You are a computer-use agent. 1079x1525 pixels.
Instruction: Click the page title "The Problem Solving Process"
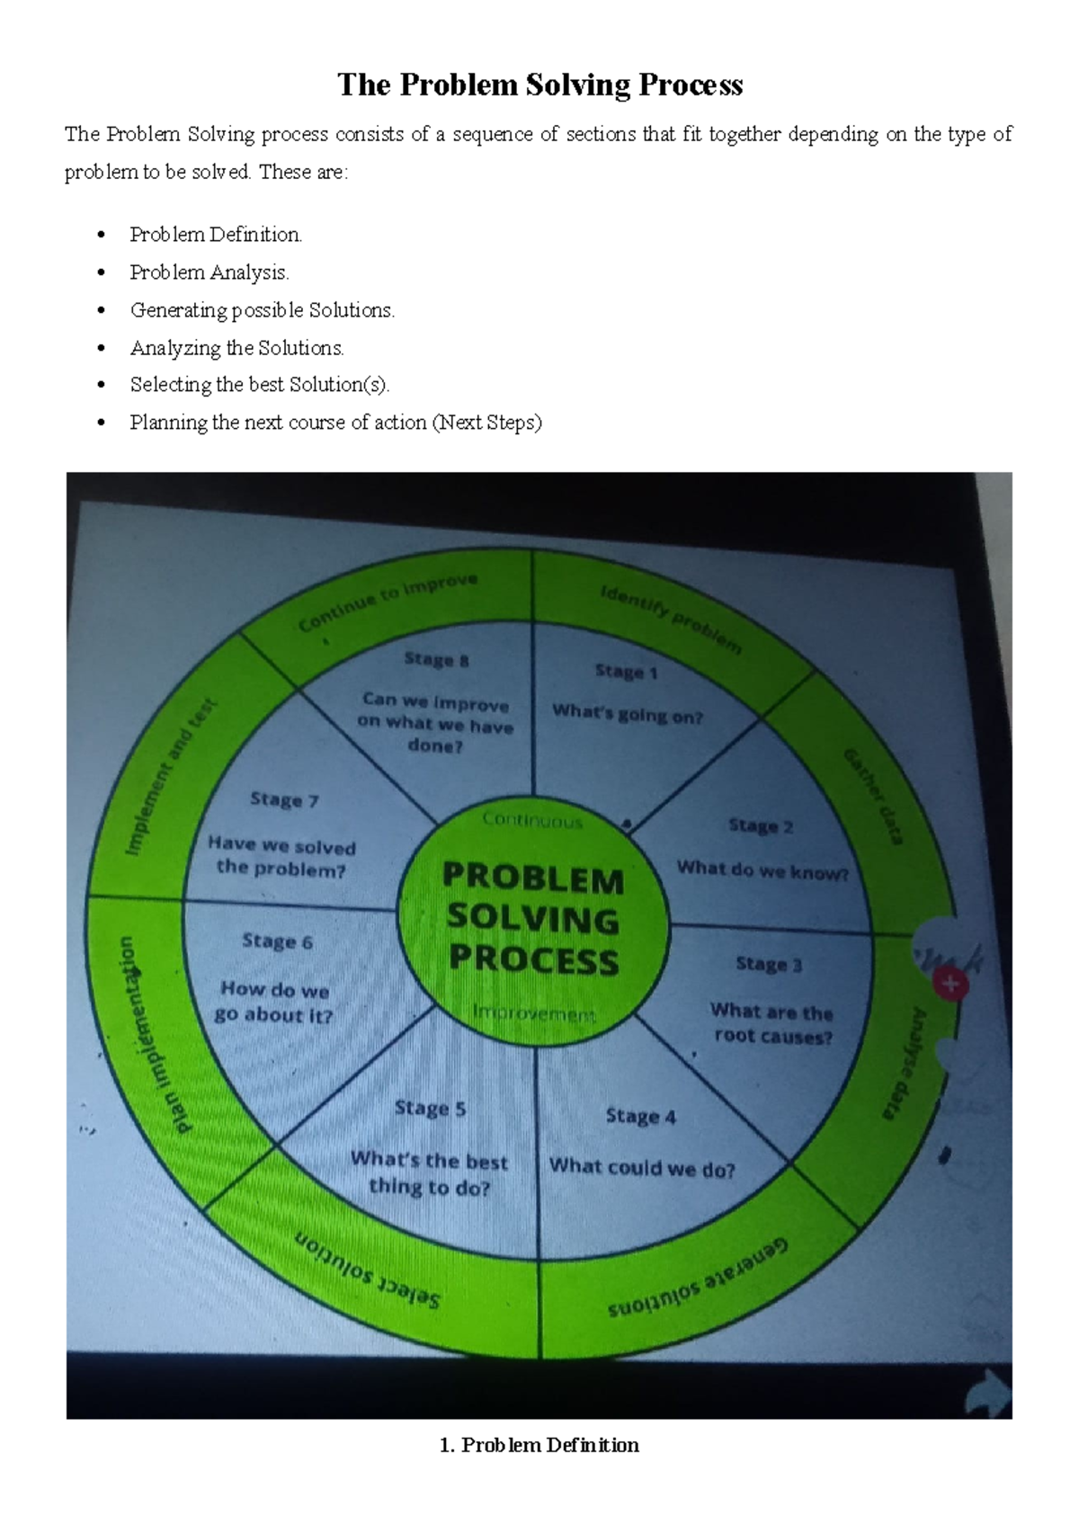(x=539, y=85)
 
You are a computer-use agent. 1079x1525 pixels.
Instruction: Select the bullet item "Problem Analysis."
(x=210, y=272)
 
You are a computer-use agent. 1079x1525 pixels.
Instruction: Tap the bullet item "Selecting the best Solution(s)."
(x=260, y=385)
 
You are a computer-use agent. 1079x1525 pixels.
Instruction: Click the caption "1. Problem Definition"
(x=539, y=1445)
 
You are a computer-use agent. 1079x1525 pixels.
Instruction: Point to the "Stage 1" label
(x=627, y=672)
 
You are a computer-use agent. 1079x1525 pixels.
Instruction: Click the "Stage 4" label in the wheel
(x=640, y=1116)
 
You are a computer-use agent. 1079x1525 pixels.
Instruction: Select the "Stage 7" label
(x=284, y=799)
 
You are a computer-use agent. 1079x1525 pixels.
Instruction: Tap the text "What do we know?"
(x=762, y=870)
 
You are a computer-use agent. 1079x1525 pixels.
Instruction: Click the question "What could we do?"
(x=642, y=1167)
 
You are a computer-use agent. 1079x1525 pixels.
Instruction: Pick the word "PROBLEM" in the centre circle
(x=533, y=878)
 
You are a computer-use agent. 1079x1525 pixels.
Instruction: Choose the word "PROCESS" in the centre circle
(x=534, y=959)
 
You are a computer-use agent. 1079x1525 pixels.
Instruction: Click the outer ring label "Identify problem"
(x=671, y=619)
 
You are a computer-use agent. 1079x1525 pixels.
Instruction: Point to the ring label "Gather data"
(x=872, y=796)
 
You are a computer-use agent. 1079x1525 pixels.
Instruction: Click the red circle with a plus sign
(x=950, y=985)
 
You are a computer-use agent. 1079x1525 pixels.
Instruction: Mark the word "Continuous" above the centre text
(x=532, y=820)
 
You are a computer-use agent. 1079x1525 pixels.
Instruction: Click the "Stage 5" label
(x=430, y=1108)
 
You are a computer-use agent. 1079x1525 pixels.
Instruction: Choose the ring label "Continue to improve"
(x=388, y=602)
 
